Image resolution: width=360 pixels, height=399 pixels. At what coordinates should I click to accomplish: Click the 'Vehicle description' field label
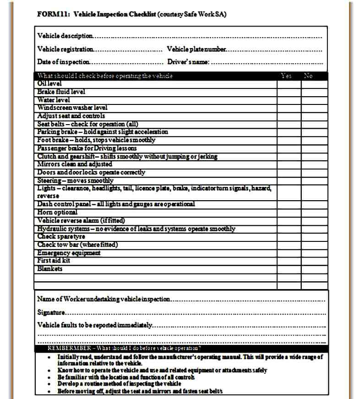coord(65,36)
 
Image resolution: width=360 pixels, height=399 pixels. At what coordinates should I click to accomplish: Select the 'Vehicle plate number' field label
coord(196,49)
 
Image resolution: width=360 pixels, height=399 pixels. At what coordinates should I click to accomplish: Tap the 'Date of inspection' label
coord(63,62)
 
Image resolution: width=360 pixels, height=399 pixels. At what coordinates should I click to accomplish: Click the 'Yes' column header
coord(286,76)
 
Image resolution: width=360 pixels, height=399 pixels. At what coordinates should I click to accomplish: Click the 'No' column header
coord(308,76)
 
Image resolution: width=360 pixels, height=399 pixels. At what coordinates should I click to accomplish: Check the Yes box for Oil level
coord(289,84)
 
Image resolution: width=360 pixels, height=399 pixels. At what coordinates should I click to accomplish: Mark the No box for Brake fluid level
coord(314,92)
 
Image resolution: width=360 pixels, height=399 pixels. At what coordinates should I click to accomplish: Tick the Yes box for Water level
coord(289,100)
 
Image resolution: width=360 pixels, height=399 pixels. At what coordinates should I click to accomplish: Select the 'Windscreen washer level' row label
coord(72,108)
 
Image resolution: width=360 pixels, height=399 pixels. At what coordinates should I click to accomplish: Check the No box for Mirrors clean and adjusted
coord(314,164)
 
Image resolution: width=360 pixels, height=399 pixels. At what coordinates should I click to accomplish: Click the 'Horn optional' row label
coord(57,212)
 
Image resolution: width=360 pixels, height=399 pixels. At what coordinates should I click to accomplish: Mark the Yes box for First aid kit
coord(289,261)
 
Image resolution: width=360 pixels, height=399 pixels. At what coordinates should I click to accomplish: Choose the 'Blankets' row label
coord(50,269)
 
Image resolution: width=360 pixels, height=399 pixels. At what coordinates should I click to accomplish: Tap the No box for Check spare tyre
coord(314,236)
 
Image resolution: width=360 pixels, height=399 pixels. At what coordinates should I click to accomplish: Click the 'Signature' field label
coord(51,312)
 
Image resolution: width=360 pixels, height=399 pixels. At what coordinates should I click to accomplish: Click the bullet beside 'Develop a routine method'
coord(49,383)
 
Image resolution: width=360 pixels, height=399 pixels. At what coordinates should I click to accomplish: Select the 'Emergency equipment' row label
coord(69,253)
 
